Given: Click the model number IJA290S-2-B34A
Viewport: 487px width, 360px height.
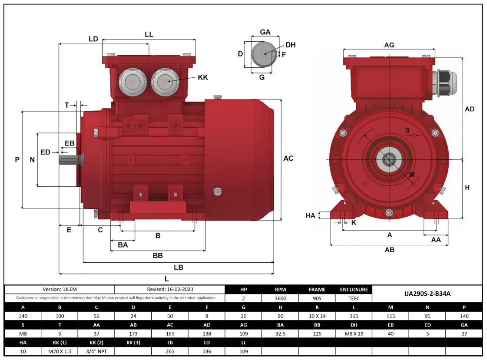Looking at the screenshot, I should pos(427,294).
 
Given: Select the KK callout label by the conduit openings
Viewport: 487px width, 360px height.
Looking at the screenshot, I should pos(203,77).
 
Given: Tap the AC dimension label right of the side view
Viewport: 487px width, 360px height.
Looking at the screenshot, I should pos(288,159).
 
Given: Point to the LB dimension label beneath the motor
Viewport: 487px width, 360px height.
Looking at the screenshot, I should pos(178,268).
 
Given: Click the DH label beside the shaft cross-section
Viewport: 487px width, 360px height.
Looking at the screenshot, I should pos(291,45).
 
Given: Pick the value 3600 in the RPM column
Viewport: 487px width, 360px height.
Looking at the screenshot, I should pos(280,298).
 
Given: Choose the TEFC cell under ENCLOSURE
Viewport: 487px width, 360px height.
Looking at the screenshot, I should pos(354,298).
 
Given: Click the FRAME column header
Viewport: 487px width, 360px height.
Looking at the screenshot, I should pos(317,290).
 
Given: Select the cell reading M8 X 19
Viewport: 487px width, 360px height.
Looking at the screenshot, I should pos(354,334).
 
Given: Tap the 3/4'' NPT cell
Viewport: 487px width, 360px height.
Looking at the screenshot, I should pos(96,351).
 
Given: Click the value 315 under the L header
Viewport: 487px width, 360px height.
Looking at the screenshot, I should pos(354,316).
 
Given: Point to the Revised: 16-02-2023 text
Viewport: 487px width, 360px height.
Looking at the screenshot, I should pos(170,289).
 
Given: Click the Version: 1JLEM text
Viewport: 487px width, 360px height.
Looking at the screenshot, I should pos(60,289).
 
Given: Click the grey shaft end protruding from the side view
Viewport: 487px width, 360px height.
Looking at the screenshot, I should pos(69,159).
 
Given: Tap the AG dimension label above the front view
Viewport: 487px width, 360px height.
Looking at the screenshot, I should pos(389,45).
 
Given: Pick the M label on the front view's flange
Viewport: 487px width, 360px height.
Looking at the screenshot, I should pos(412,174).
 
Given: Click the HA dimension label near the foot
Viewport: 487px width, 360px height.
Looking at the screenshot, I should pos(310,215).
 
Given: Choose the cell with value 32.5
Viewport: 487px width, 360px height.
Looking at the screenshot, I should pos(280,334).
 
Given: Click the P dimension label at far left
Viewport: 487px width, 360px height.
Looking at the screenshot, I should pos(17,160).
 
